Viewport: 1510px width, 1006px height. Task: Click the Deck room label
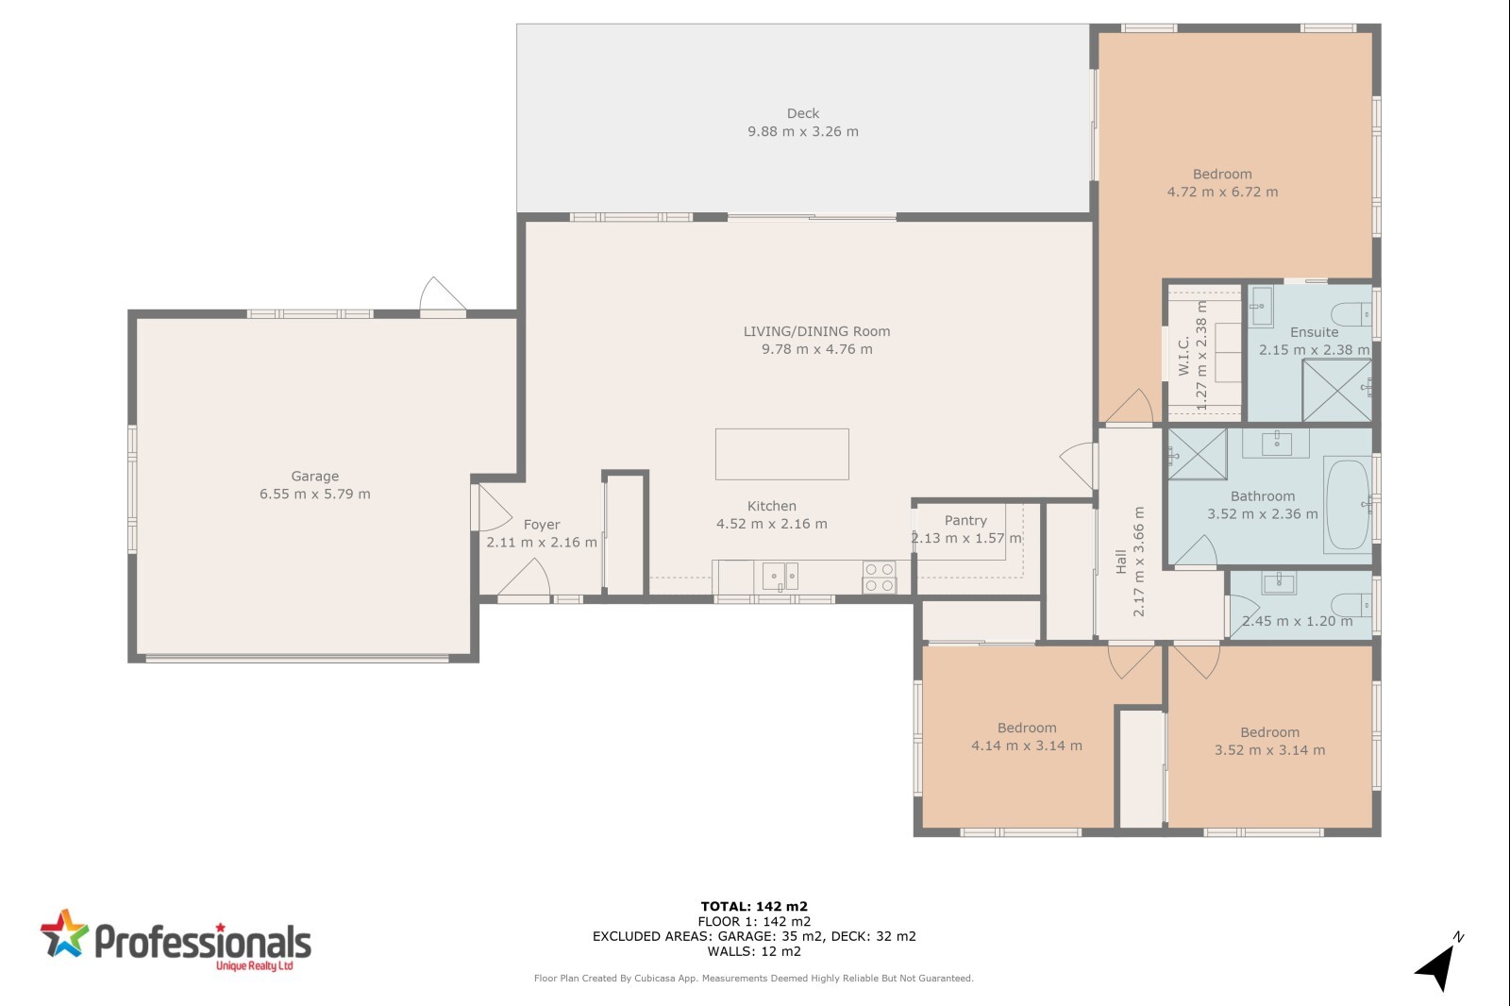[x=803, y=113]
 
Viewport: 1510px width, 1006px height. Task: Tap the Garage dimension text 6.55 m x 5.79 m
[x=315, y=495]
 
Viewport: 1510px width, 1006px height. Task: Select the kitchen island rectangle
[x=782, y=455]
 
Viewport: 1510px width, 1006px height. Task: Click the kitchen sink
[x=780, y=577]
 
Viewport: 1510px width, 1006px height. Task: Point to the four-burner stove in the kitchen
[x=879, y=578]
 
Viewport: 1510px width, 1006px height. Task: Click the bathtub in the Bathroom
[x=1348, y=504]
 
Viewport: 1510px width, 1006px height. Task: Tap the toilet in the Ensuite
[x=1351, y=314]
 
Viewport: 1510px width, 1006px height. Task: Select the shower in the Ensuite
[x=1336, y=391]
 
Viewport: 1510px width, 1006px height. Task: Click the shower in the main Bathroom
[x=1198, y=455]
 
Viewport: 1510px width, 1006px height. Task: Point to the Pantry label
[x=965, y=521]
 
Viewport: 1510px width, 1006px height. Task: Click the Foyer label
[x=542, y=525]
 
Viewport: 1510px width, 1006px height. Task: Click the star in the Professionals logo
[x=65, y=934]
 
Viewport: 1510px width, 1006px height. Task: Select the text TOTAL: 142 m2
[x=754, y=907]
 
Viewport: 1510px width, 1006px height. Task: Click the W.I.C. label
[x=1183, y=356]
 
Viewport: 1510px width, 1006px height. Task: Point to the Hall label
[x=1121, y=562]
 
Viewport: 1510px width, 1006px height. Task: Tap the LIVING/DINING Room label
[x=816, y=332]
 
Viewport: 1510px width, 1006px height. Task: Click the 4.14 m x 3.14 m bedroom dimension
[x=1027, y=746]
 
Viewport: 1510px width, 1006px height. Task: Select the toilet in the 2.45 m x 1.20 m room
[x=1351, y=605]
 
